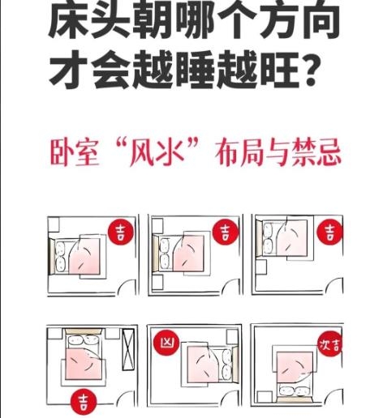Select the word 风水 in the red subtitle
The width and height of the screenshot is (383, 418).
(156, 151)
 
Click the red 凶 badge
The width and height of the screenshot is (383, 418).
(166, 343)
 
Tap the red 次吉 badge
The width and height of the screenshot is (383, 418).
(330, 344)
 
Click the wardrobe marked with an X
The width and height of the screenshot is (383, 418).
(128, 349)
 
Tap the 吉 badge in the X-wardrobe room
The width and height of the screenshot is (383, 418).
(84, 402)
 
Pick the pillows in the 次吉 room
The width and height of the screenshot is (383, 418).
(295, 390)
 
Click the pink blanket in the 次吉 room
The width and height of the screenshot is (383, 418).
(294, 367)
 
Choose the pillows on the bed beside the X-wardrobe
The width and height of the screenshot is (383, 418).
(83, 340)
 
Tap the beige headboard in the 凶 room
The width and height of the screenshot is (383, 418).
(235, 365)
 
